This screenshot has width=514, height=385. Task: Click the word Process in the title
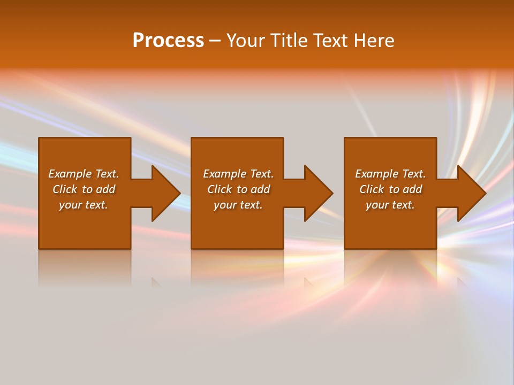[168, 41]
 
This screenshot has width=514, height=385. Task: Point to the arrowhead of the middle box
[319, 193]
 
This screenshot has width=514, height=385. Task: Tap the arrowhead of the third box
[472, 193]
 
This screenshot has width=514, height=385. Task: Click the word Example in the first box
[70, 174]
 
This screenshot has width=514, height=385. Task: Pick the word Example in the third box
[377, 174]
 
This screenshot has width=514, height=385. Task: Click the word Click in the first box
[65, 189]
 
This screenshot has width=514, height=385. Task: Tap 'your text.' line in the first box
[84, 205]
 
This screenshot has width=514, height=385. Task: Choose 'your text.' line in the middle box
[238, 205]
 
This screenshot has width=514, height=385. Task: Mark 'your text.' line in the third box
[390, 205]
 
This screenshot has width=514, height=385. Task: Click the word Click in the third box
[372, 189]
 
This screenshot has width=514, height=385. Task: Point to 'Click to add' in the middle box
[238, 189]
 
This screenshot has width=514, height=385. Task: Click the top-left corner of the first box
[39, 138]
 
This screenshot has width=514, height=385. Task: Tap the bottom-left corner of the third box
[345, 248]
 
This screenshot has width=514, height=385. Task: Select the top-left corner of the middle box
[192, 138]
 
